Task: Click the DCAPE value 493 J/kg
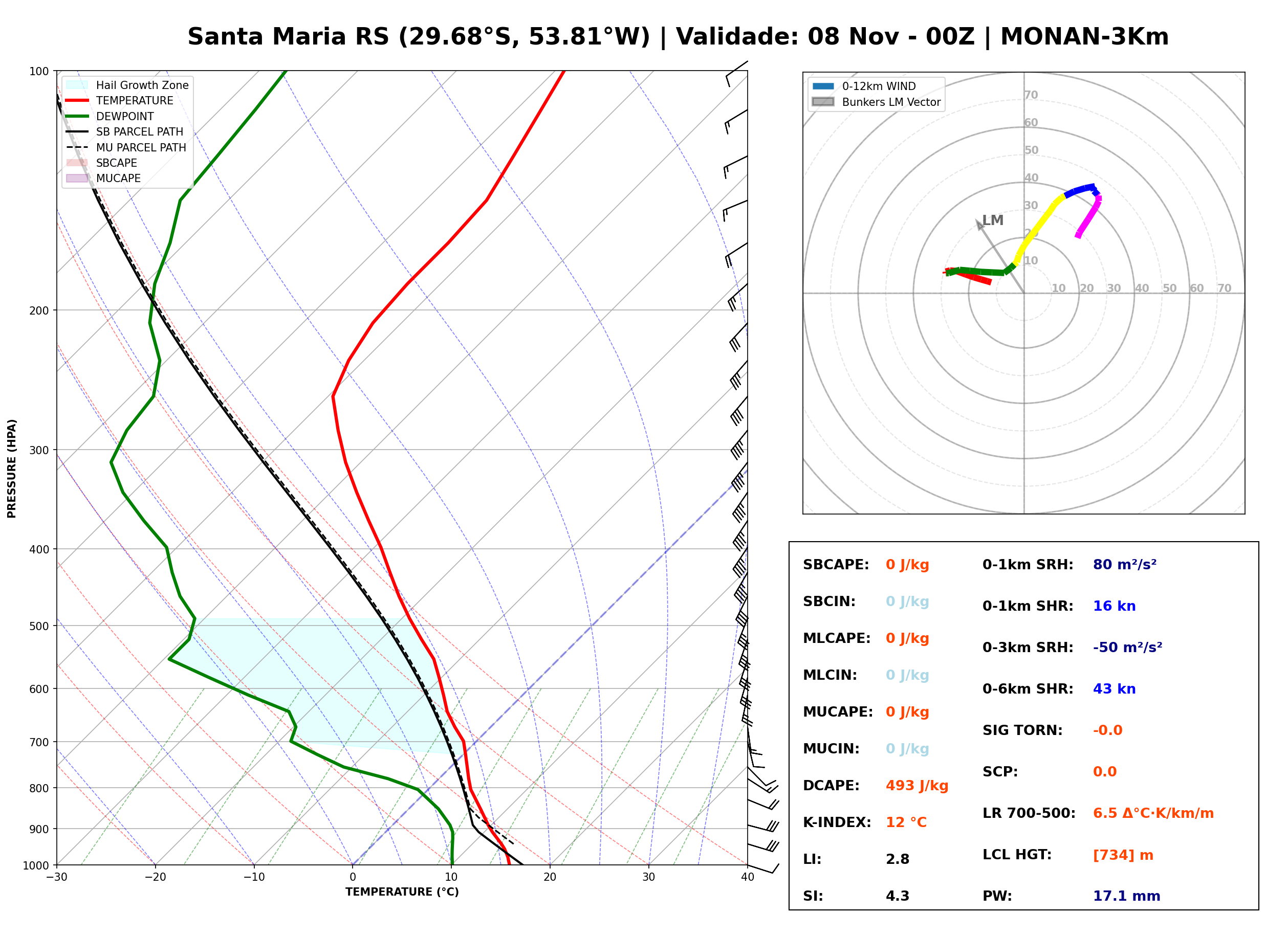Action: (x=916, y=785)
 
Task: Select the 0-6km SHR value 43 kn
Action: (x=1114, y=688)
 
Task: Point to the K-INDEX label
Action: (x=837, y=822)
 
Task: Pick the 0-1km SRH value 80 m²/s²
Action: (x=1124, y=564)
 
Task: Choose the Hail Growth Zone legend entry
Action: (x=127, y=85)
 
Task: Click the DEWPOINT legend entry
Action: (x=110, y=116)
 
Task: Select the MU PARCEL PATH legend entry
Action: (x=126, y=147)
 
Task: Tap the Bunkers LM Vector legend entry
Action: (x=876, y=102)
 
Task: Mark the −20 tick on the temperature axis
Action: (x=155, y=877)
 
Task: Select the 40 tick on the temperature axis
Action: (x=747, y=877)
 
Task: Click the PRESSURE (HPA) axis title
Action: (x=12, y=468)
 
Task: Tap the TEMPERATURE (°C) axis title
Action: (x=402, y=892)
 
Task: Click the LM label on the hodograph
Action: (x=992, y=220)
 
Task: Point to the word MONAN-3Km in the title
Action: (x=1084, y=37)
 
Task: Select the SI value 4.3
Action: (x=897, y=896)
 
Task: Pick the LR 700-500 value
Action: (x=1153, y=813)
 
